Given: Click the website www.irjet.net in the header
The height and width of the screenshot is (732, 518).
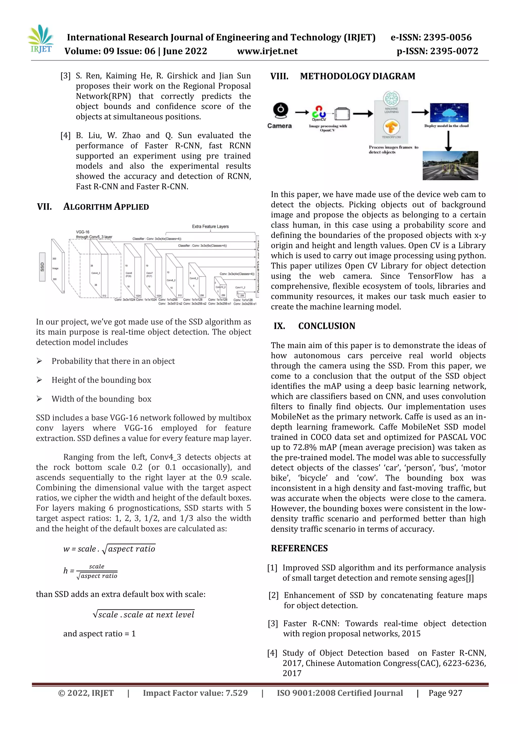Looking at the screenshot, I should click(x=267, y=51).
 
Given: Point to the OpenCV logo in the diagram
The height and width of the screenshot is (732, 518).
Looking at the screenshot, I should click(x=319, y=113).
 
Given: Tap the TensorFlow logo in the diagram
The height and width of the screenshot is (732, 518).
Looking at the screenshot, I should click(x=391, y=127).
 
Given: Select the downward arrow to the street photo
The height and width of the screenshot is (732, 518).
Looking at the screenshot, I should click(x=448, y=141).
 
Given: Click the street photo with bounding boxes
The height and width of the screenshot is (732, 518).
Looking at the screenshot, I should click(x=450, y=165).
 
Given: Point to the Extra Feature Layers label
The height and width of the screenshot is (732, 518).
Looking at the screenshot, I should click(x=210, y=226).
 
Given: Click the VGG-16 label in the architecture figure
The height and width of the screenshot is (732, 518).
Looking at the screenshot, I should click(x=83, y=232).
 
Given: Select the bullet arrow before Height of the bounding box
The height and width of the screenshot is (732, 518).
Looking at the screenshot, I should click(x=39, y=380).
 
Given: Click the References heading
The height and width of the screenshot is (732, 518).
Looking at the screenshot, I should click(x=299, y=548).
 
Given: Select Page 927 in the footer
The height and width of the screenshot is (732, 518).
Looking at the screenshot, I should click(x=445, y=693).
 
